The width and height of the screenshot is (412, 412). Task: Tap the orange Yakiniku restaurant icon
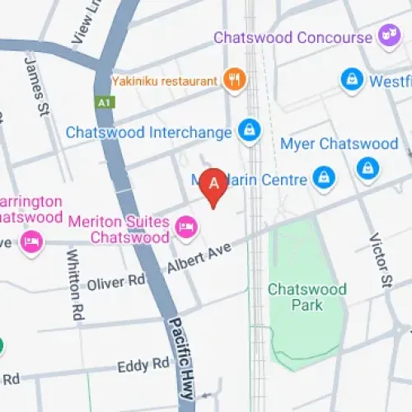[235, 80]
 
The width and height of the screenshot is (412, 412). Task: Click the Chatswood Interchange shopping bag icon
[248, 129]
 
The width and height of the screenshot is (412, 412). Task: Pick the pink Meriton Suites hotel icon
[186, 225]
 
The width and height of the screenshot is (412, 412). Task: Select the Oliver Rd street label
[115, 283]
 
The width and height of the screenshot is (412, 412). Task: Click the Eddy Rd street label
[143, 365]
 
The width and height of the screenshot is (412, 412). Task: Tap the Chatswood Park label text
[294, 297]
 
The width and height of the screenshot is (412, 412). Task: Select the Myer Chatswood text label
[339, 144]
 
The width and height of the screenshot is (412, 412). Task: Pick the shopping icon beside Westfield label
[352, 80]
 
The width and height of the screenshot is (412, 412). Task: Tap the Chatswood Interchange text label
[150, 132]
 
